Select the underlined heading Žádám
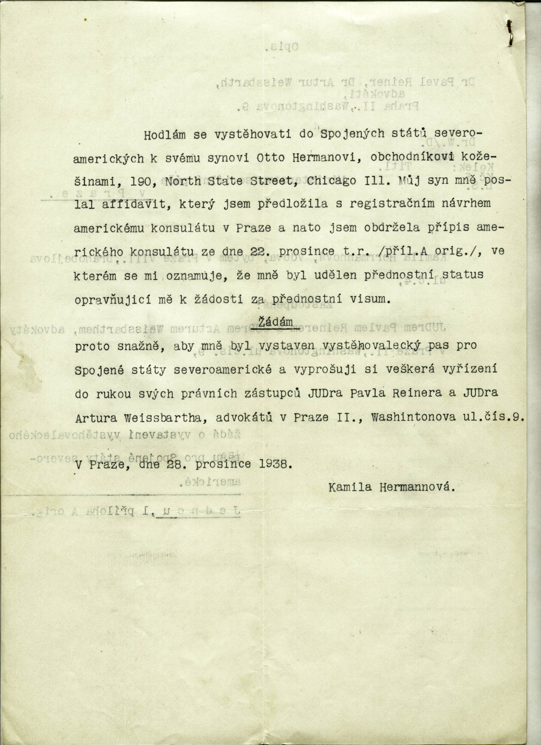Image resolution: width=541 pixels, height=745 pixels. [x=275, y=322]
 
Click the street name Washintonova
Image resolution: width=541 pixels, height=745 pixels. [x=413, y=416]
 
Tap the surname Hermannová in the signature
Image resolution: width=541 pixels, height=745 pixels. [x=417, y=487]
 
